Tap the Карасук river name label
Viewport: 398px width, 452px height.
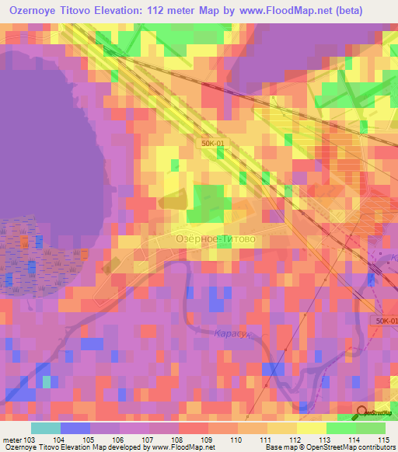(x=230, y=333)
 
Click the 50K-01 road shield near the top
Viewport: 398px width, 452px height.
(x=214, y=143)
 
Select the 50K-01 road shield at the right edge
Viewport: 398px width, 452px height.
(x=386, y=321)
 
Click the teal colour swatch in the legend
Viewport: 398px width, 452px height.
(x=46, y=428)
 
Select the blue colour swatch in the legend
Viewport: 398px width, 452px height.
(x=75, y=428)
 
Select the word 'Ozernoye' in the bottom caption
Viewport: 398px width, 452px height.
(x=19, y=448)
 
